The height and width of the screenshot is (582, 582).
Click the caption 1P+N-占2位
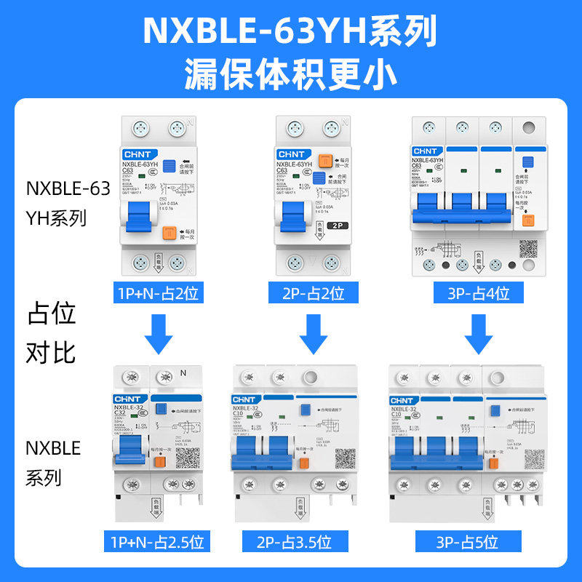156,294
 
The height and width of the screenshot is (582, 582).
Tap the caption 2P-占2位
314,294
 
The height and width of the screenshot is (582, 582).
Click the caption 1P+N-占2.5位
156,542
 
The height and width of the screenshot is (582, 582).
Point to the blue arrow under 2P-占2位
314,332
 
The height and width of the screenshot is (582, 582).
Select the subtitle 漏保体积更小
290,73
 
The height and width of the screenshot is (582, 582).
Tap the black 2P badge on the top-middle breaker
336,226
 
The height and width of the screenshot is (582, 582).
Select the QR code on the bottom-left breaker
186,458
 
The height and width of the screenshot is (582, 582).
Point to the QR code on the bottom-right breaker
534,458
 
